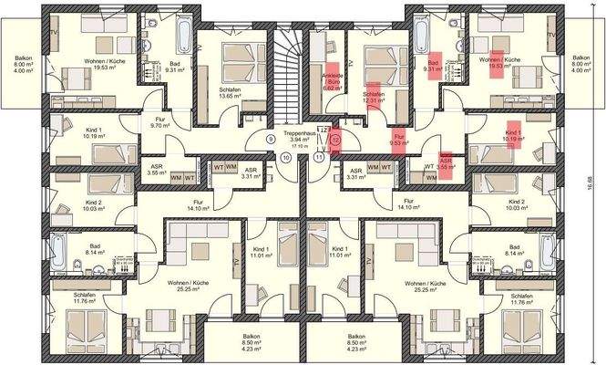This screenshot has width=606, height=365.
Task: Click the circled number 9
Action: pyautogui.click(x=271, y=140)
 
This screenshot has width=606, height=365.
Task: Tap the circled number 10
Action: pyautogui.click(x=287, y=157)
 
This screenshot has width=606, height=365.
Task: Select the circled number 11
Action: pyautogui.click(x=319, y=157)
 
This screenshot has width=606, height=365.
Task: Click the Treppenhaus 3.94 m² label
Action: pyautogui.click(x=303, y=139)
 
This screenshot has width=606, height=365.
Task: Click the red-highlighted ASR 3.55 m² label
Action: pyautogui.click(x=447, y=163)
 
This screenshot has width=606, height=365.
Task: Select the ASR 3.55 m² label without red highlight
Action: pyautogui.click(x=156, y=169)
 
